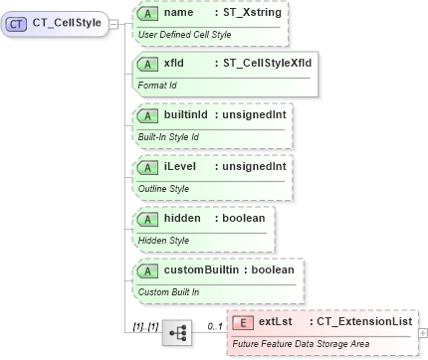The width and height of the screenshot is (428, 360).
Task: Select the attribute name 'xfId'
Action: [173, 64]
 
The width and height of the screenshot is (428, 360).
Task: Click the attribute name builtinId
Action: [186, 115]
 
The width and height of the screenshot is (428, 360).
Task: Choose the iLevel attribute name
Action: [179, 166]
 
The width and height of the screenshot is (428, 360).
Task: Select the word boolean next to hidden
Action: [244, 217]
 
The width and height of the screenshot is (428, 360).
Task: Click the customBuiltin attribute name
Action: [203, 269]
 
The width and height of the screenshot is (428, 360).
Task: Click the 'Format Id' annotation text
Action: [157, 85]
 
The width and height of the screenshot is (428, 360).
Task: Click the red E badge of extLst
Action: [244, 321]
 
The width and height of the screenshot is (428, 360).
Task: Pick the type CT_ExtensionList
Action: [364, 321]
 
